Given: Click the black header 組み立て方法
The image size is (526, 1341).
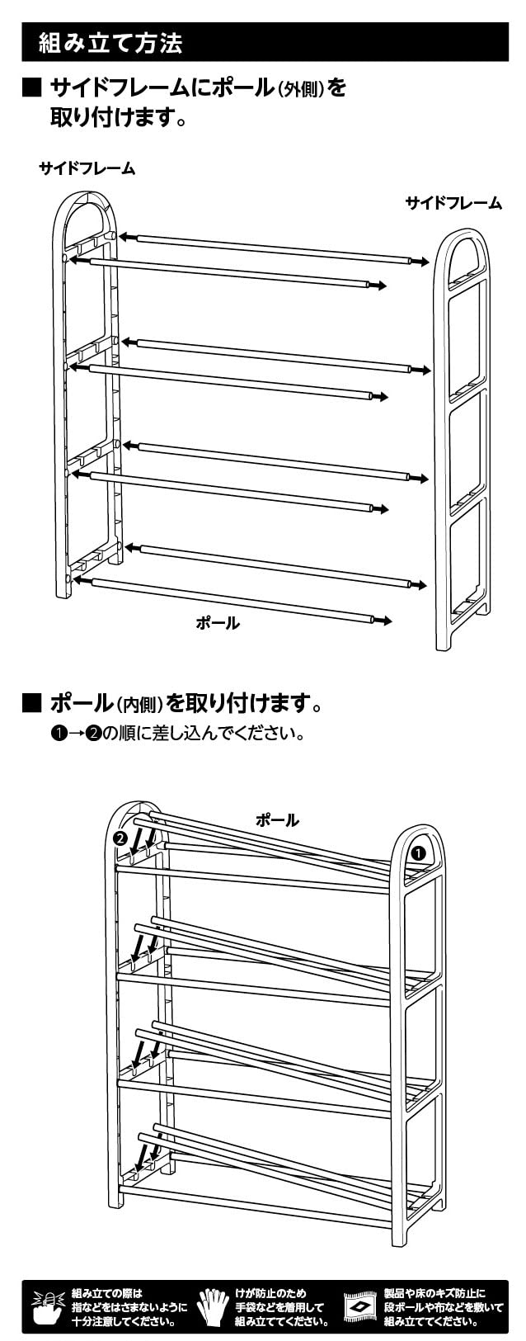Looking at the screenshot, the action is point(110,43).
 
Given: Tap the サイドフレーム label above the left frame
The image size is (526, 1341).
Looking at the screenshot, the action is point(87,168).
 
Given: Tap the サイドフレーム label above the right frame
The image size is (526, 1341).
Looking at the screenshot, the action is point(453,203).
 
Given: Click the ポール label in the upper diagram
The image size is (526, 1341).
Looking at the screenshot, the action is point(218,623).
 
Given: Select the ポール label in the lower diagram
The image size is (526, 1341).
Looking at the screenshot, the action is point(277,820).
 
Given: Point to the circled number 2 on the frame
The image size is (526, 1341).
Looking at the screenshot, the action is point(120,838).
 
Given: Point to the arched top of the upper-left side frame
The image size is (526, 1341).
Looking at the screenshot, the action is point(87,210).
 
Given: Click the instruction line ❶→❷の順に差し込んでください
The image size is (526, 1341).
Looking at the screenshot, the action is point(178,733).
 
